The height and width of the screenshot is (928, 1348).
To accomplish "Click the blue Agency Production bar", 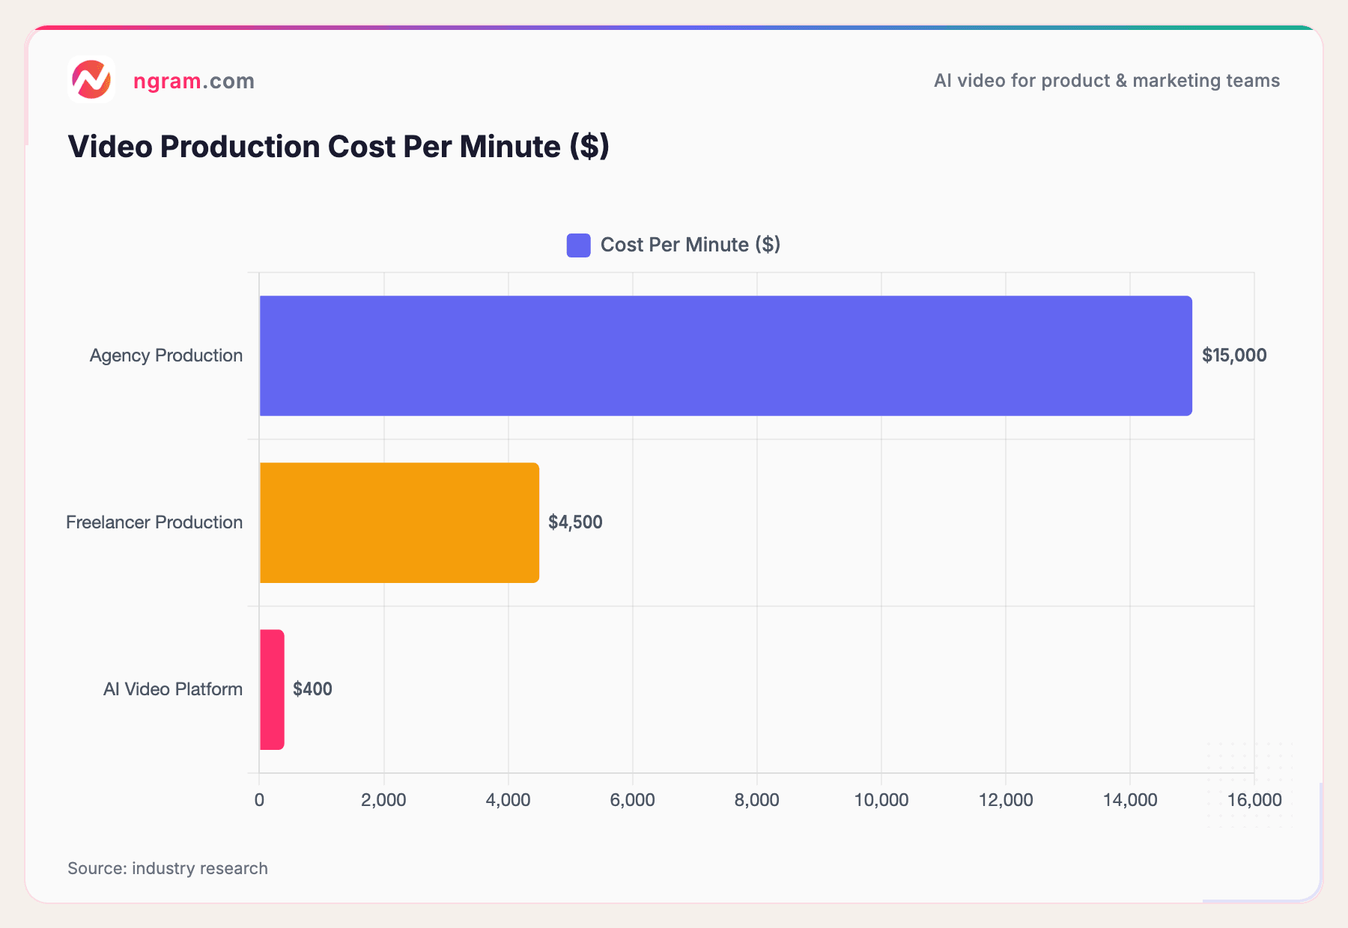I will tap(725, 355).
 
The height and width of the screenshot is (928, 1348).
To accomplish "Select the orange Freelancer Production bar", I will tap(399, 522).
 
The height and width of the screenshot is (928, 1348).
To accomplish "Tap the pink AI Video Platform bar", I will tap(272, 689).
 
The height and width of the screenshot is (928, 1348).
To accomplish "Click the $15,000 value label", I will tap(1233, 355).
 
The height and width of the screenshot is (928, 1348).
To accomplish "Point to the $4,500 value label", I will tap(575, 522).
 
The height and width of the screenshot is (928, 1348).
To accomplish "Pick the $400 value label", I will tap(312, 689).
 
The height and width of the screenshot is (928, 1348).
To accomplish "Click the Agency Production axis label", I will tap(166, 355).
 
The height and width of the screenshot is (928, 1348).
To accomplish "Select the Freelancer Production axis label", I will tap(154, 522).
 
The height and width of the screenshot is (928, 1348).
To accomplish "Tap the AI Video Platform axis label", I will tap(172, 689).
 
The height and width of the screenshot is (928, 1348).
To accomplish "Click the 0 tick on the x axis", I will tap(259, 800).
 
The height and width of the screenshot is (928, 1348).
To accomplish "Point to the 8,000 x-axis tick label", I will tap(756, 800).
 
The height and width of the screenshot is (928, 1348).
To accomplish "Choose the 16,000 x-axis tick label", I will tap(1254, 800).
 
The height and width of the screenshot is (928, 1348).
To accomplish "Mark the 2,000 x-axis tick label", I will tap(383, 800).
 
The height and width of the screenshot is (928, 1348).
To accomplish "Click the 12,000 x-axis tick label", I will tap(1005, 800).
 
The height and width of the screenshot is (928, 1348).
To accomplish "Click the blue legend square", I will tap(578, 245).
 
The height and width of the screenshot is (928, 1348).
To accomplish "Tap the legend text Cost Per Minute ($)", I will tap(690, 245).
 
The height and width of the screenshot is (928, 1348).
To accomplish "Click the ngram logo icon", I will tap(91, 79).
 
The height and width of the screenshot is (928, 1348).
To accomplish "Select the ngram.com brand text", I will tap(193, 81).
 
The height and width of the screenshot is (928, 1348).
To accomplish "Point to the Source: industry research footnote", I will tap(168, 868).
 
